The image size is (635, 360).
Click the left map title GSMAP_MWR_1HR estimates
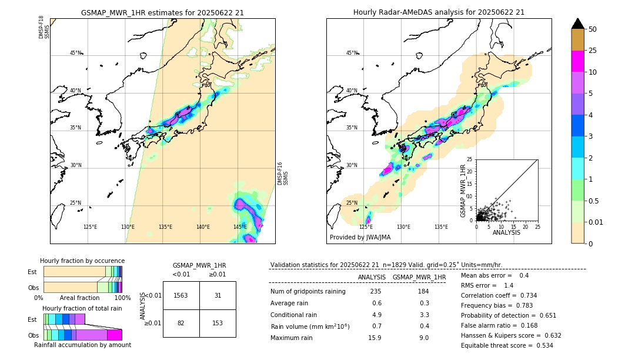(162, 12)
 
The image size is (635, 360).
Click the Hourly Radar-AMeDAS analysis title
(439, 12)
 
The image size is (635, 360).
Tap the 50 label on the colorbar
(593, 29)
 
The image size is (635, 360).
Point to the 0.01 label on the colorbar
(596, 222)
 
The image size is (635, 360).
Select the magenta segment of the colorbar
(577, 61)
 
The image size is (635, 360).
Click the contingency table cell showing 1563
(181, 295)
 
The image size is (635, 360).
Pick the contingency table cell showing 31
(218, 295)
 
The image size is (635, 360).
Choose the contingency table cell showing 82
(181, 324)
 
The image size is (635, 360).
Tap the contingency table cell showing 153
(218, 324)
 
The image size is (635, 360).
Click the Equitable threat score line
(507, 345)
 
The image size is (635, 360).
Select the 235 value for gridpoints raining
(376, 291)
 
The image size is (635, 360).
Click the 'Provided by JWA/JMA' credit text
(360, 238)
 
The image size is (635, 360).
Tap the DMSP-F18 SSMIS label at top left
(44, 28)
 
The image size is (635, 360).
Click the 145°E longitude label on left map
(240, 227)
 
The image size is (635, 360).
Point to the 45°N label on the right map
(352, 53)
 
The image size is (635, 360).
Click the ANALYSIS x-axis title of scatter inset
(506, 233)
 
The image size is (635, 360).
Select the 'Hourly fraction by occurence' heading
(82, 261)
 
